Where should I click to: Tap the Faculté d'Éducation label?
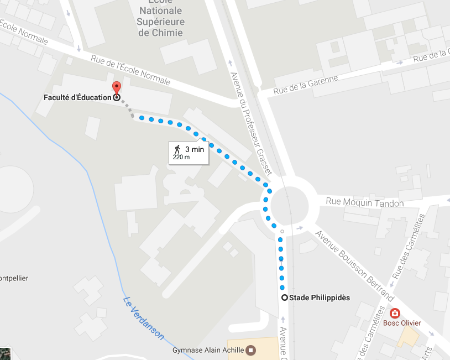click(77, 98)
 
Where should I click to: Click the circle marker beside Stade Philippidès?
click(285, 298)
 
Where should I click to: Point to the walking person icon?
click(177, 149)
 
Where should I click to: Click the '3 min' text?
click(195, 149)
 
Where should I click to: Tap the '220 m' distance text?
click(181, 157)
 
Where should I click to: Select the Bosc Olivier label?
click(402, 323)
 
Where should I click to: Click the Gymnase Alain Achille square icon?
click(251, 349)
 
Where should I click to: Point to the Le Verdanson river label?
click(143, 319)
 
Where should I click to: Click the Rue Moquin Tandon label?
click(365, 203)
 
